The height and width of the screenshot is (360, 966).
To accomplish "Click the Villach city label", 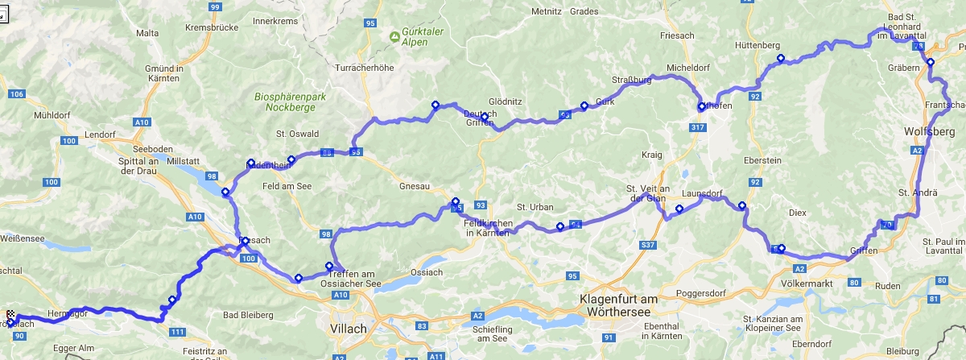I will pos(349,329).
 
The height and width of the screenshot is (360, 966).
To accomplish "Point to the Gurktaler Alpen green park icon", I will pos(394,36).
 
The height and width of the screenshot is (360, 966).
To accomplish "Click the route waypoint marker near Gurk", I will pos(584,105).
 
